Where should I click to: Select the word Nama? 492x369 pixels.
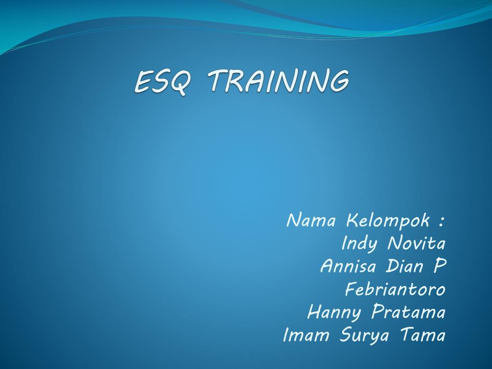[x=310, y=221]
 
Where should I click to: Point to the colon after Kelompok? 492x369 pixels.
[x=441, y=222]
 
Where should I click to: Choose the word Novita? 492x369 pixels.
[x=416, y=244]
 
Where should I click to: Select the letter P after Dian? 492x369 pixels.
[x=439, y=266]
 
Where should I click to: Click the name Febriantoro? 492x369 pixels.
[x=395, y=290]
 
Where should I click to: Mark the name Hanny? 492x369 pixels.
[x=334, y=313]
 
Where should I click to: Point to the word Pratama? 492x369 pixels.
[x=408, y=312]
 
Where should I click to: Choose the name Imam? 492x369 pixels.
[x=306, y=335]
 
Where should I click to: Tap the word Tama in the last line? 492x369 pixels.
[x=422, y=335]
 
